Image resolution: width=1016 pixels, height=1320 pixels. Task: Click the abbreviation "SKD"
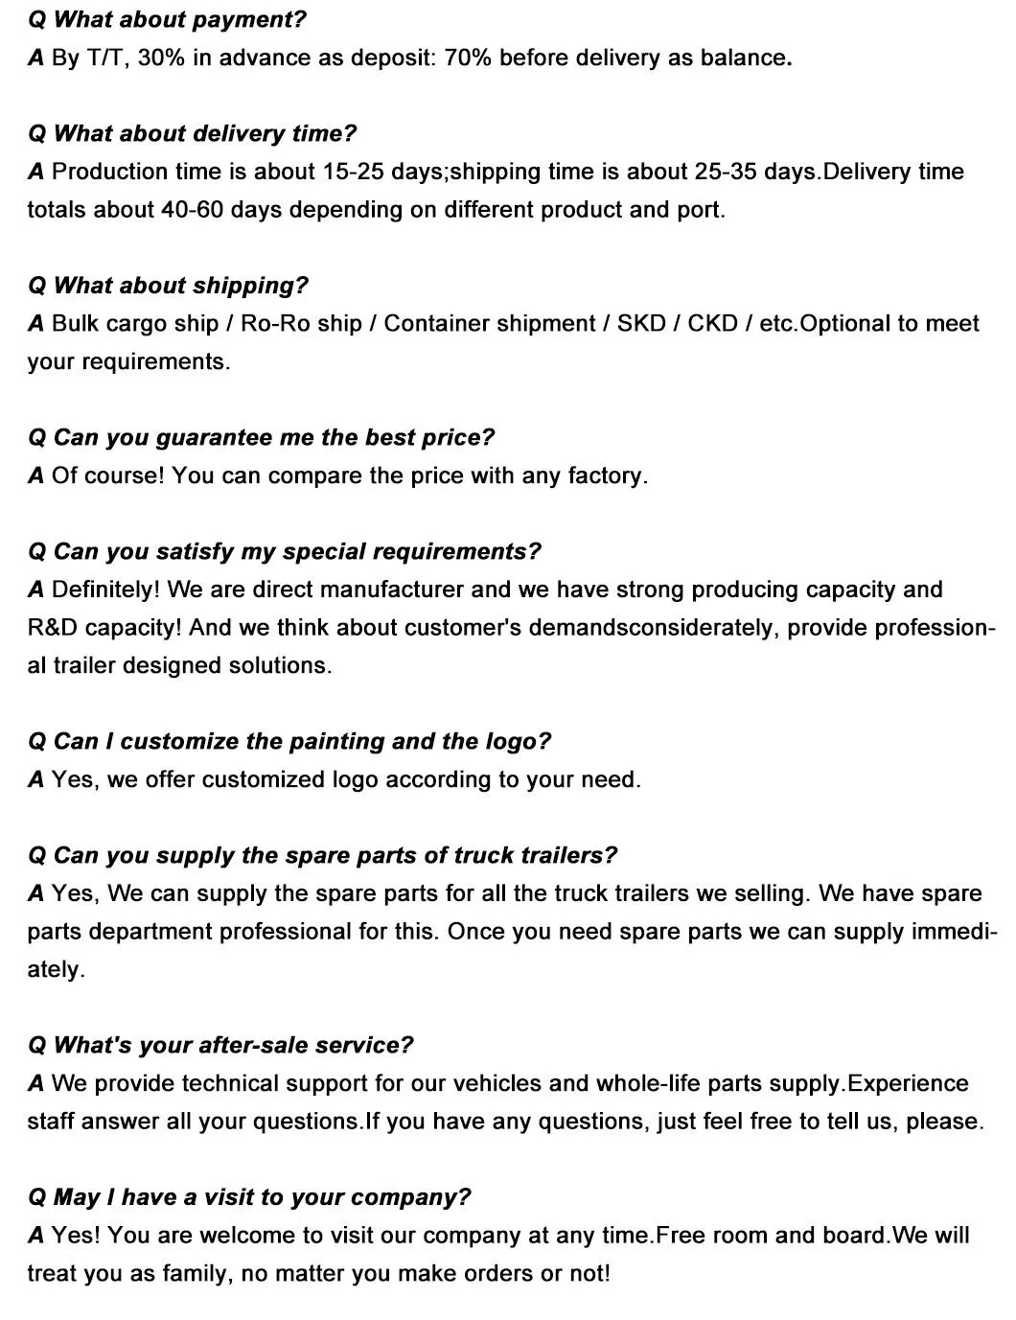coord(641,323)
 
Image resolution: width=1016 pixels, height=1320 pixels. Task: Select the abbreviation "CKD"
coord(712,323)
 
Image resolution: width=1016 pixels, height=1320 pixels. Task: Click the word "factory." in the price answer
coord(608,475)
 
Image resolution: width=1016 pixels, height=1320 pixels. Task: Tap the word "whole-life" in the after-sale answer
coord(646,1083)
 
